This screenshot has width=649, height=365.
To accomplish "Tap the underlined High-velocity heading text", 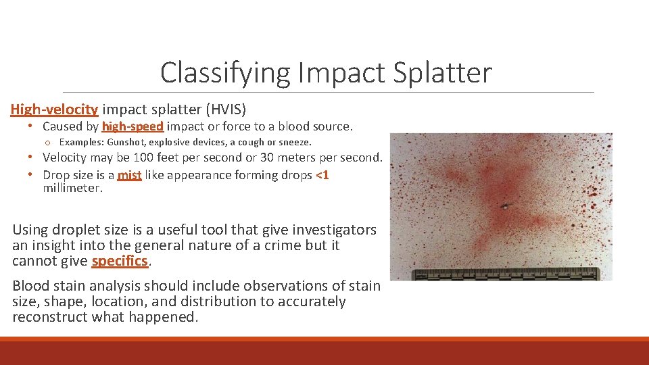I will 55,109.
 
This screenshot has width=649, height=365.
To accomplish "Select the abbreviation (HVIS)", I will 226,109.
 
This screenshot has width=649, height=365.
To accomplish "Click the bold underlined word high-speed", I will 133,126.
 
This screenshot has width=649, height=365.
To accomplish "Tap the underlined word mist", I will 129,176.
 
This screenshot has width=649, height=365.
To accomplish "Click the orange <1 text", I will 322,175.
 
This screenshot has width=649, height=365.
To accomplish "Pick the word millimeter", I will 72,189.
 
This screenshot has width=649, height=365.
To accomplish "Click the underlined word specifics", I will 120,261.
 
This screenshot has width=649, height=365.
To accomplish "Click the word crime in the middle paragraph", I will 261,245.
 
